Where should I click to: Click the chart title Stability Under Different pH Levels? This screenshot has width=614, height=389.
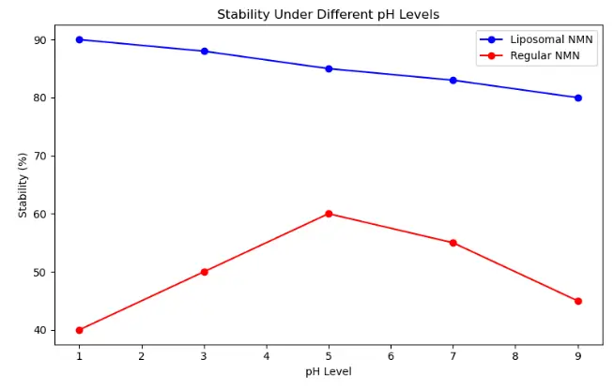(x=328, y=14)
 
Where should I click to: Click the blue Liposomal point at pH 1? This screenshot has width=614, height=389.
(x=79, y=39)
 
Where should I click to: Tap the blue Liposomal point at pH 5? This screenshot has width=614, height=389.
(x=329, y=68)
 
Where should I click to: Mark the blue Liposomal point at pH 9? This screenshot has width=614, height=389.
(x=578, y=97)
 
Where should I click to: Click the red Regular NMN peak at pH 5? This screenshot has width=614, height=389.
(x=329, y=214)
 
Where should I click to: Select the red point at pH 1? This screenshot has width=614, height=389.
(x=79, y=330)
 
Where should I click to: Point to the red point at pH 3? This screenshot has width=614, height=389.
(x=204, y=272)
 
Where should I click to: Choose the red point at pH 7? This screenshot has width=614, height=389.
(x=453, y=243)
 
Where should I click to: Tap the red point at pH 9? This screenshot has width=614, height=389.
(x=578, y=301)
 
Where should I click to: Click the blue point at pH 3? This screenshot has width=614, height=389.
(x=204, y=51)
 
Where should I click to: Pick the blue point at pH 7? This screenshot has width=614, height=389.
(x=453, y=80)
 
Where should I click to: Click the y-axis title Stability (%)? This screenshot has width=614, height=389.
(x=23, y=185)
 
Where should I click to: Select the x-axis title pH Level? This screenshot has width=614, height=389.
(x=328, y=372)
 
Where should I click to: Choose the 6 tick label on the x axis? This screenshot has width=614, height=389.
(x=391, y=356)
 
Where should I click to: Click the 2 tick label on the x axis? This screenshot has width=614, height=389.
(x=142, y=356)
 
